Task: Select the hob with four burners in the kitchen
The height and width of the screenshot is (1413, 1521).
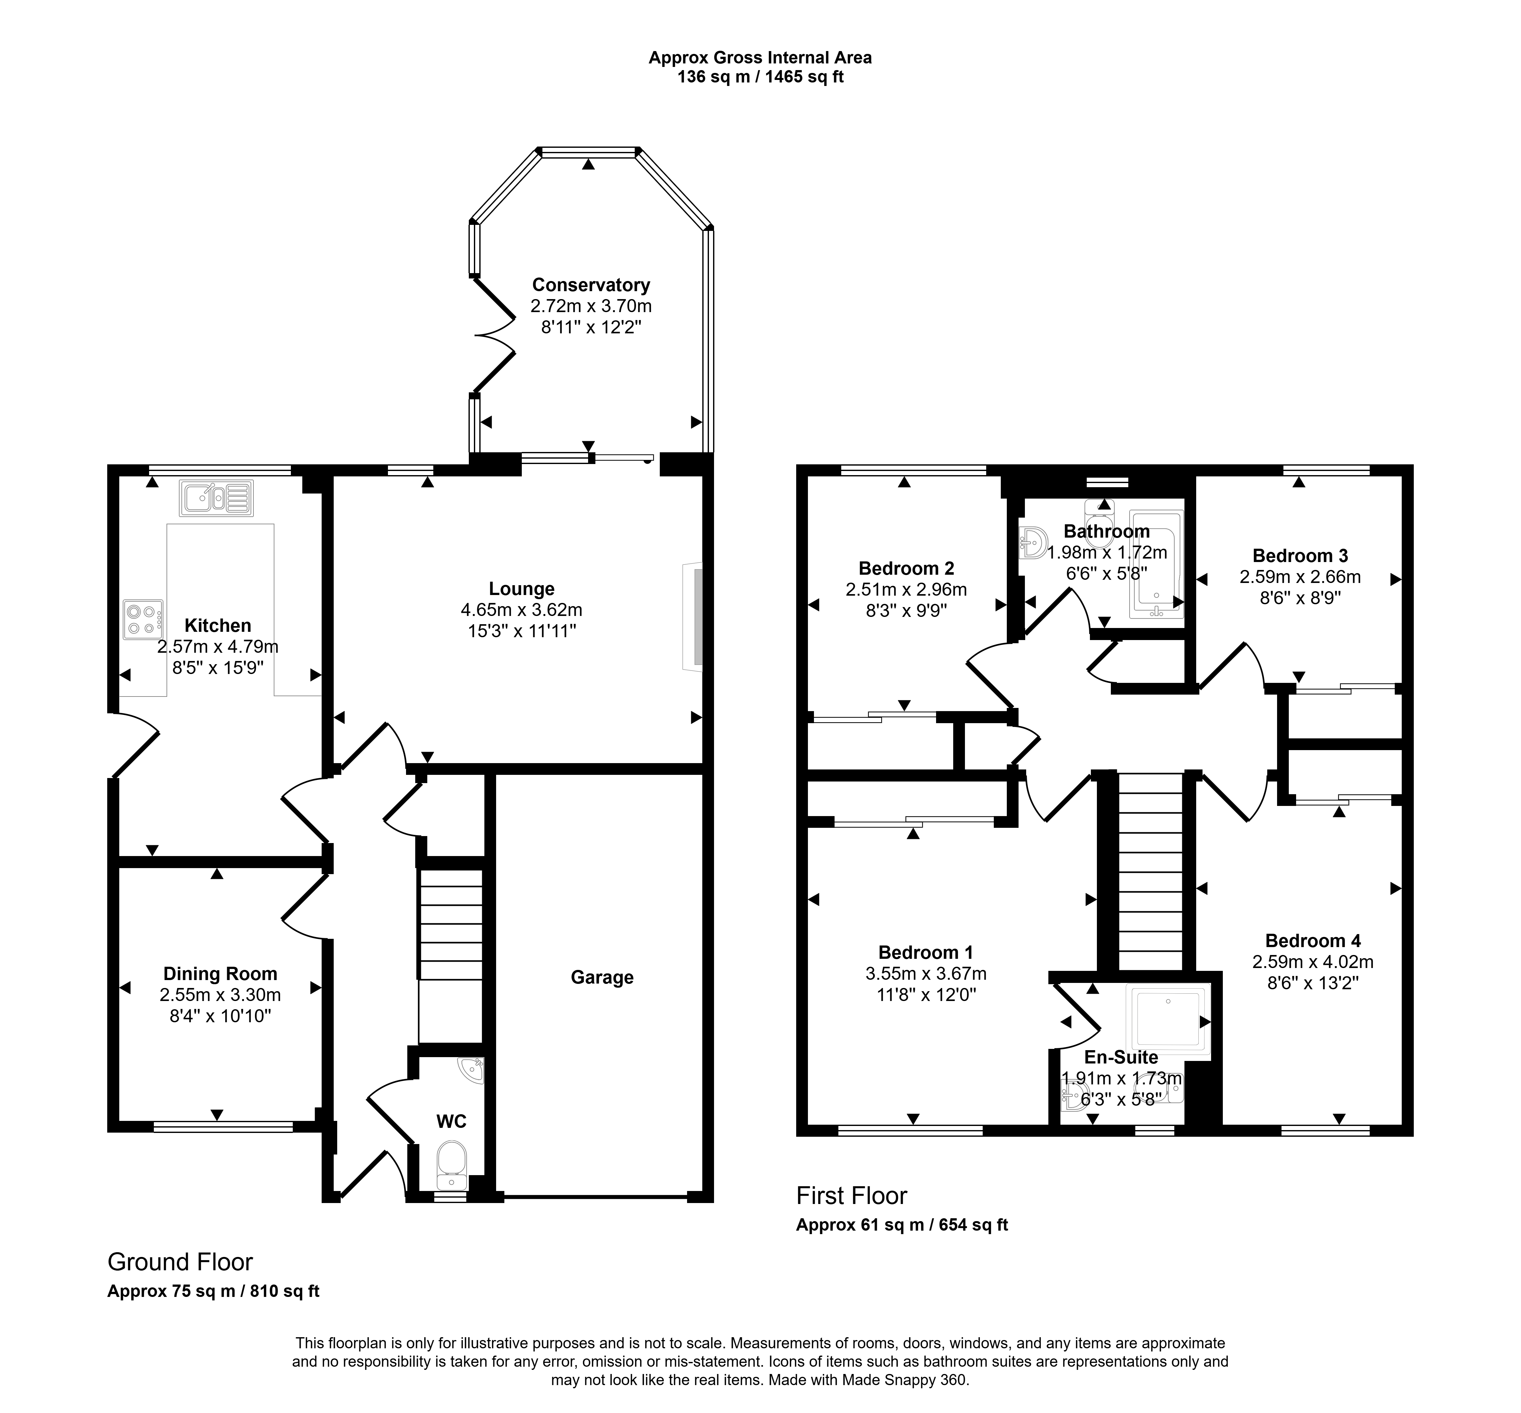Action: pos(143,619)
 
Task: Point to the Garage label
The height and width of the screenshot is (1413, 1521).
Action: pos(602,977)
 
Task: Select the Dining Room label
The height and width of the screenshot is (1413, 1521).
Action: pos(220,973)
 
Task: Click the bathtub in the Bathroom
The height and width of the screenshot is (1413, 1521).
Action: pos(1156,564)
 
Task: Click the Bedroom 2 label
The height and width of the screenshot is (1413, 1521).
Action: pos(906,568)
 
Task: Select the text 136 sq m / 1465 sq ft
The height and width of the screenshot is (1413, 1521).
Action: pos(760,77)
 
